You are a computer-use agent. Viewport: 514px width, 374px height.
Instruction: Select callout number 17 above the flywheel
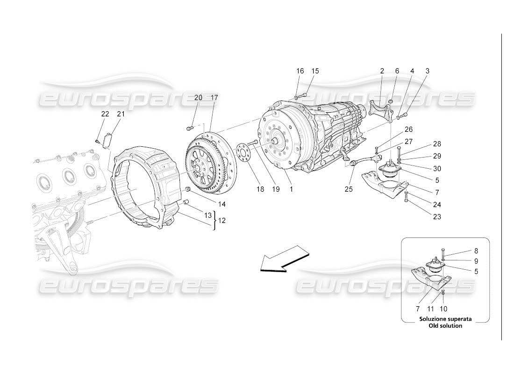[214, 98]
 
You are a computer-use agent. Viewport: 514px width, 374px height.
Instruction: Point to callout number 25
[349, 189]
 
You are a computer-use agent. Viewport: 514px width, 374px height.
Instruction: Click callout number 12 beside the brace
[222, 220]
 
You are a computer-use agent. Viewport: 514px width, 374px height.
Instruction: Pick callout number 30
[437, 168]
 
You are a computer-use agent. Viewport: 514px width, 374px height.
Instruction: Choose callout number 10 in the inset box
[443, 309]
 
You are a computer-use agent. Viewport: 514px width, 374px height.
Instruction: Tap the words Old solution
[445, 325]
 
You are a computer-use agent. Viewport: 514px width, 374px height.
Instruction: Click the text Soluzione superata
[445, 319]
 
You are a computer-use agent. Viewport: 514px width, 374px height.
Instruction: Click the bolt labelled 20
[189, 127]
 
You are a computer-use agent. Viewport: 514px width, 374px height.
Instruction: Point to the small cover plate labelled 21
[109, 139]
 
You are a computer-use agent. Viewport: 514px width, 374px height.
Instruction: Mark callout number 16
[300, 71]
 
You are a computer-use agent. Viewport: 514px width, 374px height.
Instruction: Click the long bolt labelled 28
[399, 151]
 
